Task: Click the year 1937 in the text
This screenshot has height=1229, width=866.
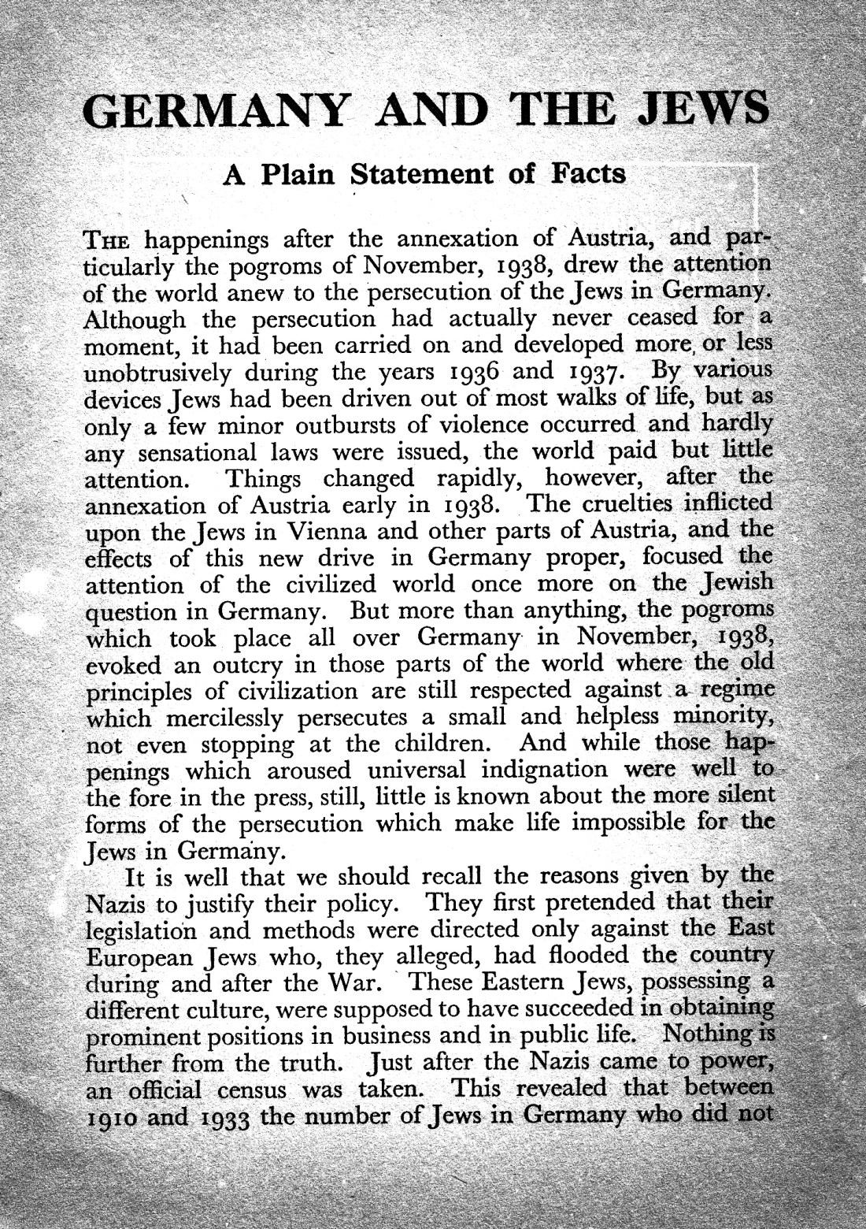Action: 592,369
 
